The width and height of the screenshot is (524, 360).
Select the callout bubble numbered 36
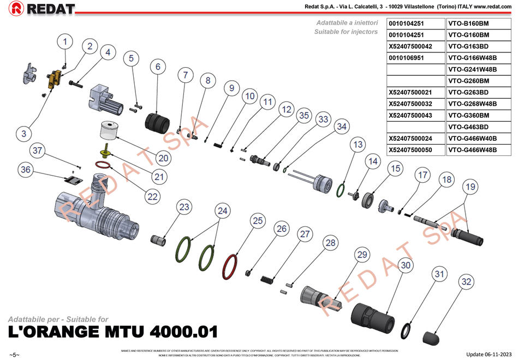pos(26,170)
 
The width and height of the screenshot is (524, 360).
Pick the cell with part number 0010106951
pos(415,58)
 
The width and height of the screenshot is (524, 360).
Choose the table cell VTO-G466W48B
pos(478,149)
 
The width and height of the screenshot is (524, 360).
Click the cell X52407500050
pos(415,149)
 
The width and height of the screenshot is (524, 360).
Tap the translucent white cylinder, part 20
pos(109,131)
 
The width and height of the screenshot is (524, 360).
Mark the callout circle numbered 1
pos(65,41)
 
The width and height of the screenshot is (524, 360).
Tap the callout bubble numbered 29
pos(362,255)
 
